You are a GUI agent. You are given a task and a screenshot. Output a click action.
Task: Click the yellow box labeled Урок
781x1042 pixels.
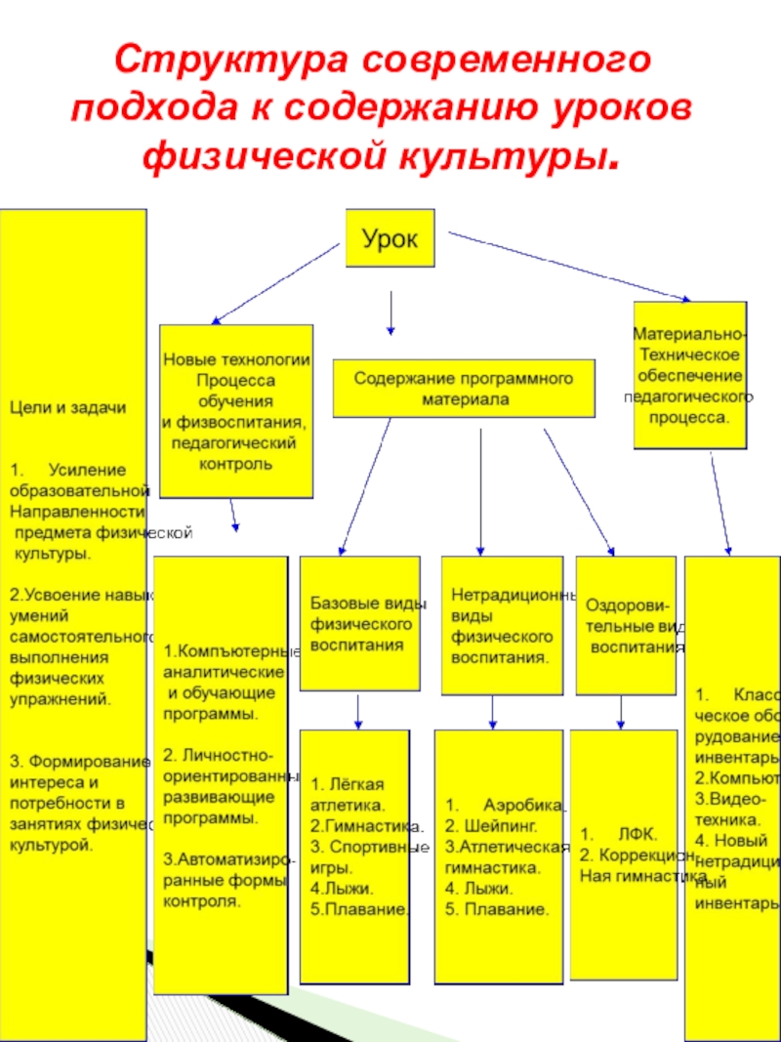[x=390, y=237]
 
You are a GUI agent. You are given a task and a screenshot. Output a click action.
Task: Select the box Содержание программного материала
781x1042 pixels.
[x=465, y=388]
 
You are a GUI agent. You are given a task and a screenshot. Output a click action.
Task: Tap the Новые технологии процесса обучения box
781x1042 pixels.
[x=236, y=411]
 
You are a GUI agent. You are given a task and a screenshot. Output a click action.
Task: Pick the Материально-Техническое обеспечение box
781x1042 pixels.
[x=690, y=375]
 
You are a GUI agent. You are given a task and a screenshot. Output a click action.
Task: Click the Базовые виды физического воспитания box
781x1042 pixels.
[x=359, y=622]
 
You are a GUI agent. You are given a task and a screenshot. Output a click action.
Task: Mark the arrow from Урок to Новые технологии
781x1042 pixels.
[x=275, y=283]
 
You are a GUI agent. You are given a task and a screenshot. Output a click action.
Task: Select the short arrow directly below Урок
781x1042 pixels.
[x=391, y=313]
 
